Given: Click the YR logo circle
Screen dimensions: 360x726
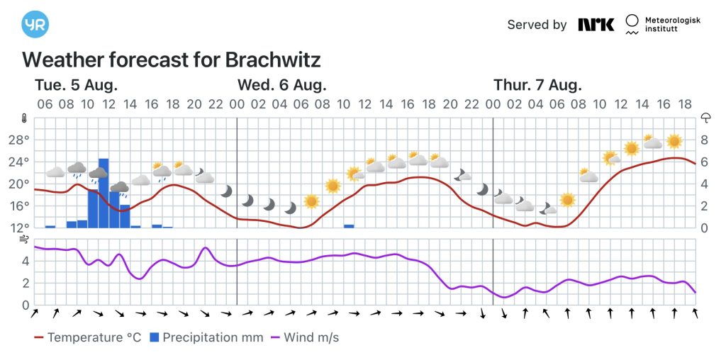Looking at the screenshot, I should (35, 24).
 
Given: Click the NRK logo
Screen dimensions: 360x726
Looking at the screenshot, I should (596, 25).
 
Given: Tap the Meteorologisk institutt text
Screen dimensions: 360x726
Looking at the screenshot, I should (672, 25).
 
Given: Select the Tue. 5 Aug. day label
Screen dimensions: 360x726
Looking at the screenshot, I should (76, 85).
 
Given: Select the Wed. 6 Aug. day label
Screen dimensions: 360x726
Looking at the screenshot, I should (281, 85).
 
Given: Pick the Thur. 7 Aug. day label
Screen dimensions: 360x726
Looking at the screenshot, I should (537, 85).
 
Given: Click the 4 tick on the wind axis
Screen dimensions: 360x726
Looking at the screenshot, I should (26, 261).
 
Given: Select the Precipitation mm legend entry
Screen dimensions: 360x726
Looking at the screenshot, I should (205, 337).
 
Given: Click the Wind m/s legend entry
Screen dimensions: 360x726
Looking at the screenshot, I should (303, 337).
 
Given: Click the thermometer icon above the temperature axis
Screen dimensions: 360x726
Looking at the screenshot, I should (24, 118).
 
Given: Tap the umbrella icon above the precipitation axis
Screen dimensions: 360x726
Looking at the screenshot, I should (706, 118).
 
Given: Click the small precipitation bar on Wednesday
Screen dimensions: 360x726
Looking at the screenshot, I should (349, 226).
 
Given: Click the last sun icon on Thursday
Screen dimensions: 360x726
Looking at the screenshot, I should (674, 142).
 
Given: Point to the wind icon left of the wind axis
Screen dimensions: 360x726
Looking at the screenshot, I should (25, 240).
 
